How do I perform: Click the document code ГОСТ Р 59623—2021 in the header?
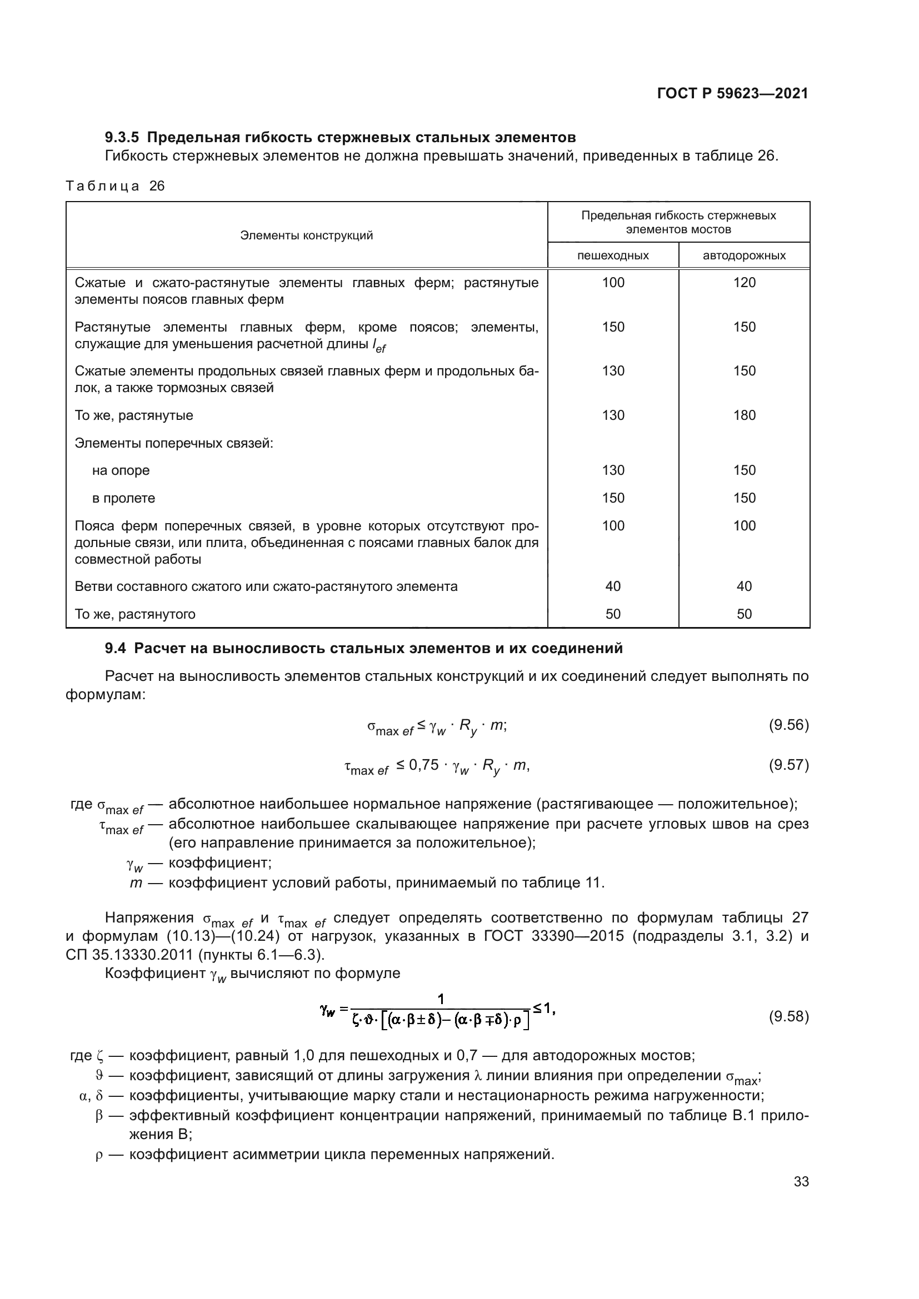[x=732, y=94]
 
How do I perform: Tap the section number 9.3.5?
[x=122, y=138]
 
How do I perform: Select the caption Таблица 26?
[x=115, y=186]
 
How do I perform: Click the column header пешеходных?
[x=612, y=255]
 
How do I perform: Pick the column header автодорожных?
[x=743, y=255]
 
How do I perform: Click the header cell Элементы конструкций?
[x=306, y=235]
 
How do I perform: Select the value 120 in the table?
[x=743, y=283]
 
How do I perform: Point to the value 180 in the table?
[x=743, y=415]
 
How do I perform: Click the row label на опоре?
[x=121, y=470]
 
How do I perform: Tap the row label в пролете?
[x=123, y=498]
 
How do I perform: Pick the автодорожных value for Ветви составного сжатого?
[x=743, y=586]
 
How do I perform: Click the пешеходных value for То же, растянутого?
[x=612, y=614]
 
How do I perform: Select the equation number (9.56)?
[x=788, y=725]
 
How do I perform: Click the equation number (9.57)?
[x=788, y=765]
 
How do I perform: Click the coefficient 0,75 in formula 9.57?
[x=423, y=765]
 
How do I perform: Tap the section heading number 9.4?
[x=115, y=648]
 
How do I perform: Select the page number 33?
[x=801, y=1181]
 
